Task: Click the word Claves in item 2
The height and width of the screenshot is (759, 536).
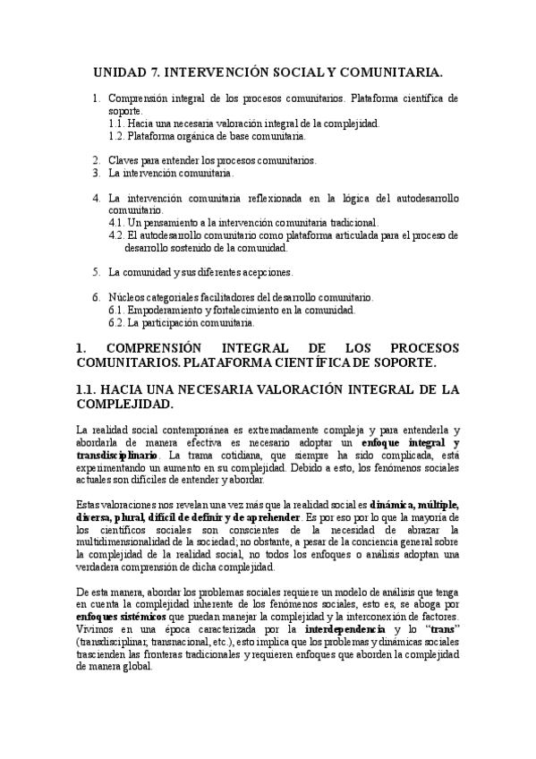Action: pos(123,160)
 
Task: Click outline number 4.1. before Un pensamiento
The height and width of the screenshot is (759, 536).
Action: pos(116,222)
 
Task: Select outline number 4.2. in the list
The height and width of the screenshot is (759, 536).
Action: pos(116,235)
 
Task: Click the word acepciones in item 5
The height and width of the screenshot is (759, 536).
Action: pos(264,271)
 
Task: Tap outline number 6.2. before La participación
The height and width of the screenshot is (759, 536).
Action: pos(116,322)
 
